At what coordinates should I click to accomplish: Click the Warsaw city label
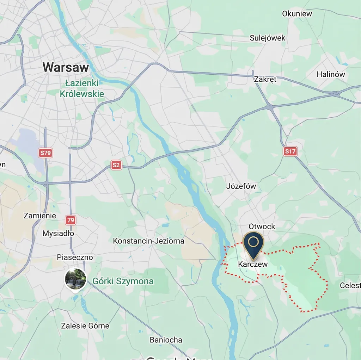click(x=66, y=67)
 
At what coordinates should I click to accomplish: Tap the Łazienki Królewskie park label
click(x=82, y=89)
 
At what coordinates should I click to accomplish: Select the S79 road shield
click(x=46, y=153)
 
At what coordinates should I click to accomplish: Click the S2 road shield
click(x=116, y=165)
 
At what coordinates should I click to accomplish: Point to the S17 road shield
click(x=290, y=151)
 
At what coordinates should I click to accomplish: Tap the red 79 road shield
click(x=71, y=220)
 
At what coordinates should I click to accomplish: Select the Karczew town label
click(x=253, y=264)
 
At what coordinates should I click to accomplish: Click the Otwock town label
click(x=262, y=226)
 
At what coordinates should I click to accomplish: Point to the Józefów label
click(x=241, y=186)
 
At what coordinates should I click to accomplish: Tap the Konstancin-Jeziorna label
click(x=148, y=241)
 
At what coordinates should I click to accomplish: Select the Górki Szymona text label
click(x=123, y=281)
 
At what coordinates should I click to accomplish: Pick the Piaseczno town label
click(x=75, y=257)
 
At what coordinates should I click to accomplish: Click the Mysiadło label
click(x=58, y=234)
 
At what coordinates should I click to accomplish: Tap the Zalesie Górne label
click(x=85, y=326)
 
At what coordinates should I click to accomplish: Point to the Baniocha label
click(x=166, y=340)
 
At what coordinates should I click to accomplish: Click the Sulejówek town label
click(x=268, y=38)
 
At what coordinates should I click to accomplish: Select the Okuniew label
click(x=297, y=14)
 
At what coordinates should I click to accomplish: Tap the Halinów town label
click(x=331, y=74)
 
